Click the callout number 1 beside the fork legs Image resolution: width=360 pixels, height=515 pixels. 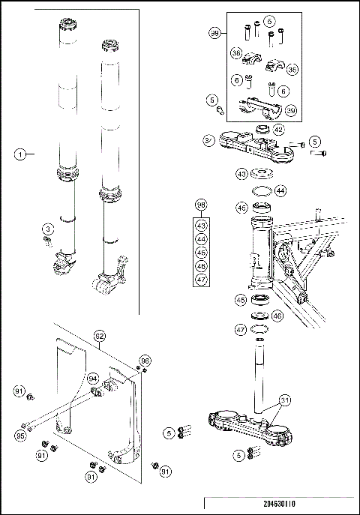pyautogui.click(x=22, y=154)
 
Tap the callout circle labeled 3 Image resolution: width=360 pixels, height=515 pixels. pyautogui.click(x=47, y=228)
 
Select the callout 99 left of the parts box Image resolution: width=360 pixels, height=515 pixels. pyautogui.click(x=215, y=34)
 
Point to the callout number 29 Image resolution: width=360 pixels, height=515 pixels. pyautogui.click(x=291, y=111)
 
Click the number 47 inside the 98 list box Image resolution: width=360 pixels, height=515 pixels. pyautogui.click(x=201, y=279)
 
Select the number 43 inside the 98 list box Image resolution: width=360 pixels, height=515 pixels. pyautogui.click(x=201, y=225)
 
